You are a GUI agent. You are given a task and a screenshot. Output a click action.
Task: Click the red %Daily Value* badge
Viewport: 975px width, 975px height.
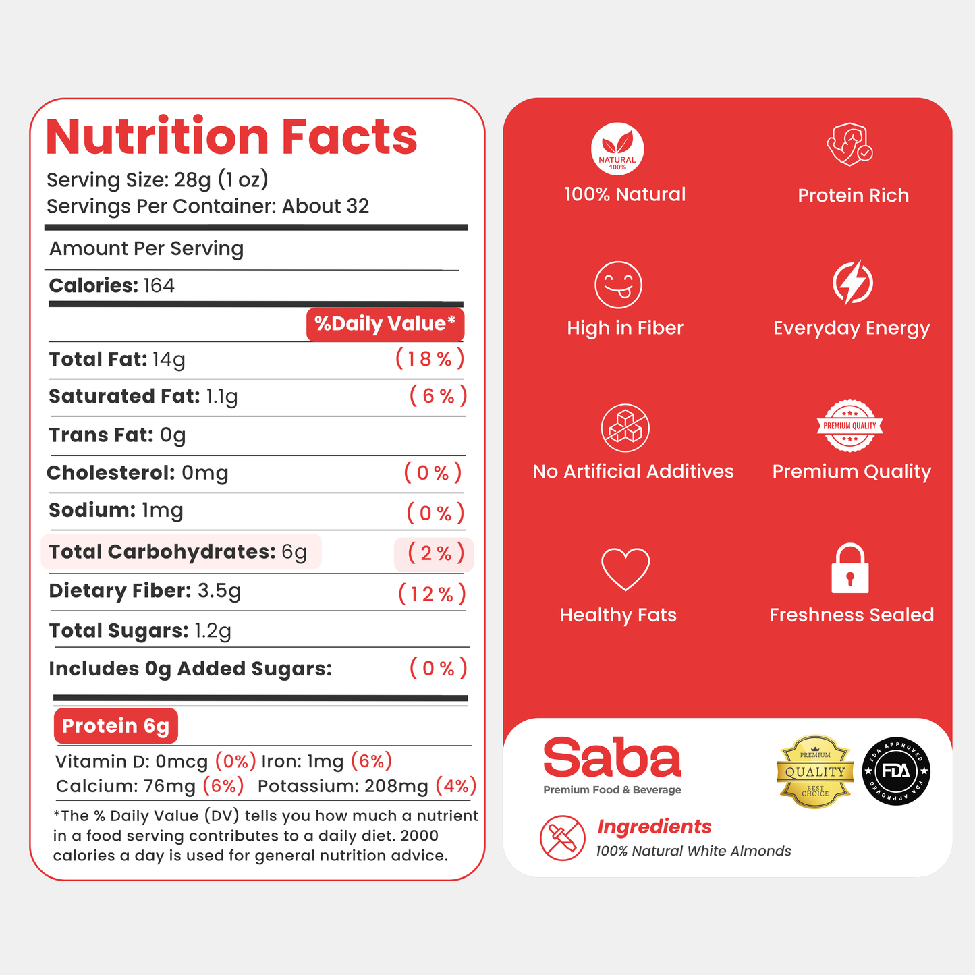pyautogui.click(x=385, y=324)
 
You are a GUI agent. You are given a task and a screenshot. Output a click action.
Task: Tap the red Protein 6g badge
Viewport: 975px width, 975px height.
pyautogui.click(x=116, y=725)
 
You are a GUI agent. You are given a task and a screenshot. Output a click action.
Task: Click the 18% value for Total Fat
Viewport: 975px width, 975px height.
pyautogui.click(x=430, y=359)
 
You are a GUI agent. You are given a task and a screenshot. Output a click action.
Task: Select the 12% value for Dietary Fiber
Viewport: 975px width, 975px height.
pyautogui.click(x=432, y=594)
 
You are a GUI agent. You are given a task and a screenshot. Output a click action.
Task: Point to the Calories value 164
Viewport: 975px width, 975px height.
pyautogui.click(x=159, y=286)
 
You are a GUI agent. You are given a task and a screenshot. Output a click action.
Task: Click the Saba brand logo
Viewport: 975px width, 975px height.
pyautogui.click(x=612, y=758)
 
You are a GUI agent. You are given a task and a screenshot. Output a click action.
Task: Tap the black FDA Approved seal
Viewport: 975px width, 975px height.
pyautogui.click(x=896, y=771)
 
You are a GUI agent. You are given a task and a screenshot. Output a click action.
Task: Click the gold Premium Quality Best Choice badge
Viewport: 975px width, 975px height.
pyautogui.click(x=815, y=772)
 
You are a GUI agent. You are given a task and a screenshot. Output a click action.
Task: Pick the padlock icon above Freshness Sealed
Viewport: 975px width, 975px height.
pyautogui.click(x=850, y=567)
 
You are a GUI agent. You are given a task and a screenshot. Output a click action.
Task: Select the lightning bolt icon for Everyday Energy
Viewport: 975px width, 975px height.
pyautogui.click(x=853, y=283)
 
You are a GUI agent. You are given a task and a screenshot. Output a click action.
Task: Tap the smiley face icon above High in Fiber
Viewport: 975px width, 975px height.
pyautogui.click(x=618, y=285)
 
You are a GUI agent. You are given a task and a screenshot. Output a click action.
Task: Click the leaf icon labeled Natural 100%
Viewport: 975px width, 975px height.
pyautogui.click(x=617, y=148)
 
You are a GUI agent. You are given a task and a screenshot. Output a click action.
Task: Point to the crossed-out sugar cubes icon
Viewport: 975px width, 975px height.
pyautogui.click(x=625, y=428)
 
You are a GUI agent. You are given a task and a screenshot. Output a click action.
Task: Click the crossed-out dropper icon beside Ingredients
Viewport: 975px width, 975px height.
pyautogui.click(x=563, y=837)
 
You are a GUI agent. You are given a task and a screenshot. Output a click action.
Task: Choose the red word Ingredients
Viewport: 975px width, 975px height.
pyautogui.click(x=654, y=827)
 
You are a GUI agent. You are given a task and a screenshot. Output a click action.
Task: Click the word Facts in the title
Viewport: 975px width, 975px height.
pyautogui.click(x=349, y=136)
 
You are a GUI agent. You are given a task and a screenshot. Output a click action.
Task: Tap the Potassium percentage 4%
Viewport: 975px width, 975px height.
pyautogui.click(x=456, y=786)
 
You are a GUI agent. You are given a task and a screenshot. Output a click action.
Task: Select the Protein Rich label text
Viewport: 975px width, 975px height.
pyautogui.click(x=853, y=195)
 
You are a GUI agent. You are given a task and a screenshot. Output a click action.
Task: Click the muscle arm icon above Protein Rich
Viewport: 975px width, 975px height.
pyautogui.click(x=850, y=144)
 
